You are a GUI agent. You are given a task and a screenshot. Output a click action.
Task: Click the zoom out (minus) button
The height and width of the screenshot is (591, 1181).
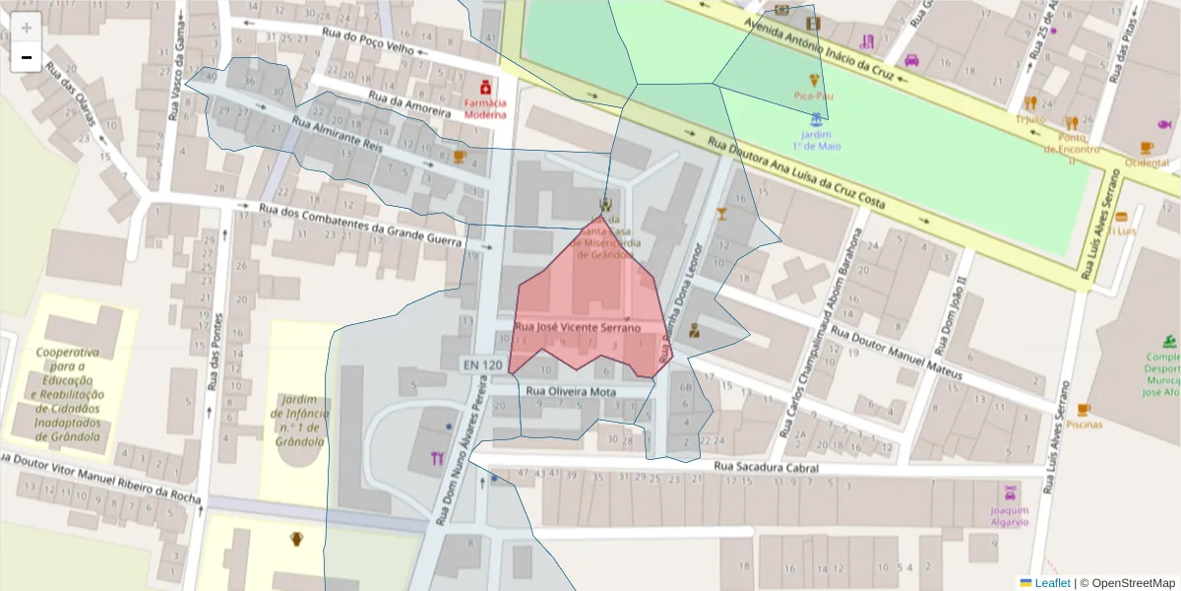[x=27, y=58]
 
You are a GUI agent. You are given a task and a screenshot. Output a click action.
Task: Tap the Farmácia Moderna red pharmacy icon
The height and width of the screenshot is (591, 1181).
[x=485, y=88]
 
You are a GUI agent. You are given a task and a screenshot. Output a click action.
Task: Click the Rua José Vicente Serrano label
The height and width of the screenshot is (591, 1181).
[x=578, y=327]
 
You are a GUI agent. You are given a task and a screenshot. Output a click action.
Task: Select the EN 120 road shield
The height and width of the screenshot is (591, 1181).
[x=482, y=365]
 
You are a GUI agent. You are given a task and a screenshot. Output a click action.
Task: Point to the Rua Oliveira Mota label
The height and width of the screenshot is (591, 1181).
[x=571, y=391]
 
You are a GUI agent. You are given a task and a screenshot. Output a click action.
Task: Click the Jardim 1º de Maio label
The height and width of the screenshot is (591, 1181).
[x=816, y=140]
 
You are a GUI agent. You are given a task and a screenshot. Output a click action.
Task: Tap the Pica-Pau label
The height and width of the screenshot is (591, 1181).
[x=813, y=96]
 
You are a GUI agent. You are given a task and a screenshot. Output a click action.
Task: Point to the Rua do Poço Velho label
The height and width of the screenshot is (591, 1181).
[x=364, y=43]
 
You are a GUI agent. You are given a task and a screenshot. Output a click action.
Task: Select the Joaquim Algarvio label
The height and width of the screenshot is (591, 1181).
[x=1010, y=515]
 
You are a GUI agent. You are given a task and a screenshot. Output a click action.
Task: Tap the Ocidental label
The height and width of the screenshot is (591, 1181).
[x=1147, y=162]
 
